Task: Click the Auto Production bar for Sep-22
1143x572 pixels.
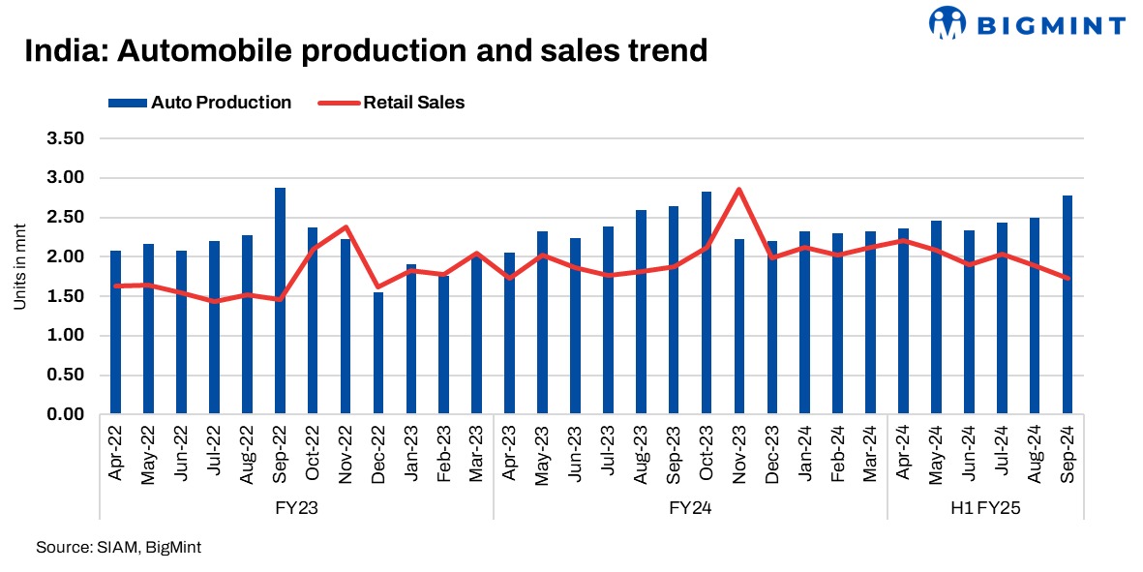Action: tap(280, 301)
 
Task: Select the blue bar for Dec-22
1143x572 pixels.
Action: tap(378, 353)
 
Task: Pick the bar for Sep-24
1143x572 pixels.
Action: tap(1068, 305)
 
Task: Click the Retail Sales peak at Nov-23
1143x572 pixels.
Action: tap(739, 190)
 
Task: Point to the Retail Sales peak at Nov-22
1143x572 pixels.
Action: tap(346, 227)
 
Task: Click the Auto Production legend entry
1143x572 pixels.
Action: tap(199, 103)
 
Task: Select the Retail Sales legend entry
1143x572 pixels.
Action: tap(392, 103)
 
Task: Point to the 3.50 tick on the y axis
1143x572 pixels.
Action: tap(66, 138)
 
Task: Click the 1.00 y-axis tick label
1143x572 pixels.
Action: tap(66, 336)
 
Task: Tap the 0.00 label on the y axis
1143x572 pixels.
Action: tap(66, 414)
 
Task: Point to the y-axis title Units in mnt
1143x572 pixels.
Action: tap(19, 277)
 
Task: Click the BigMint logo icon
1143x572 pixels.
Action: tap(949, 22)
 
